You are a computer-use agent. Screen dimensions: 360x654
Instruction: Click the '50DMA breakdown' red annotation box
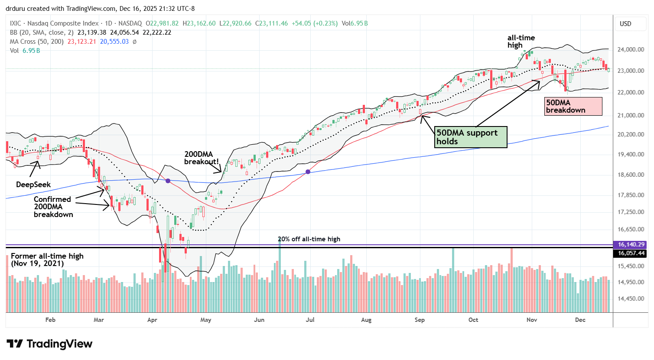click(573, 106)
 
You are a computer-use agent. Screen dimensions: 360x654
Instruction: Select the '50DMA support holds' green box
click(471, 137)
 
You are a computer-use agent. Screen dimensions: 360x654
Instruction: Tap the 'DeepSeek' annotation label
click(33, 185)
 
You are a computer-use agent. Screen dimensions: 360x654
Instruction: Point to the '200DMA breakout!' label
click(202, 158)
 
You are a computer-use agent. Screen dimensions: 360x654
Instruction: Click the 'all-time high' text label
click(521, 42)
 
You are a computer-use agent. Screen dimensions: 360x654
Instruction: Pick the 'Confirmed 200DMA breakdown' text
click(53, 207)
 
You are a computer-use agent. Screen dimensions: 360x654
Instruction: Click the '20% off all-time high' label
click(309, 239)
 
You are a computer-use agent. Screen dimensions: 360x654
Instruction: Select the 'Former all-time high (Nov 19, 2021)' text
click(47, 259)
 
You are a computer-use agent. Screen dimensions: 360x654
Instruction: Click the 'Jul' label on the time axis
click(310, 320)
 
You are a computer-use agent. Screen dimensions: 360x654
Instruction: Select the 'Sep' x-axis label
click(420, 320)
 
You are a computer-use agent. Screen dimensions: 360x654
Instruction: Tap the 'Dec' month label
click(580, 320)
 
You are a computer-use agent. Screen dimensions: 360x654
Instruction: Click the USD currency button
click(625, 24)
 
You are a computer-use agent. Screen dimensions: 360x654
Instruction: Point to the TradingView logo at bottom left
click(49, 344)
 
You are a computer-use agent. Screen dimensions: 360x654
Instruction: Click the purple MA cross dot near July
click(308, 172)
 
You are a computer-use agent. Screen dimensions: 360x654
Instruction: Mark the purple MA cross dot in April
click(168, 181)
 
